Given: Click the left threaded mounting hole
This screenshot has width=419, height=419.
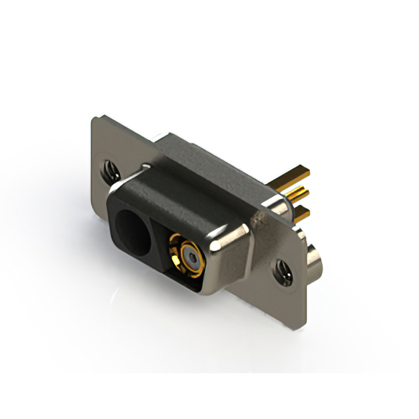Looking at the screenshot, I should coord(109,168).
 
